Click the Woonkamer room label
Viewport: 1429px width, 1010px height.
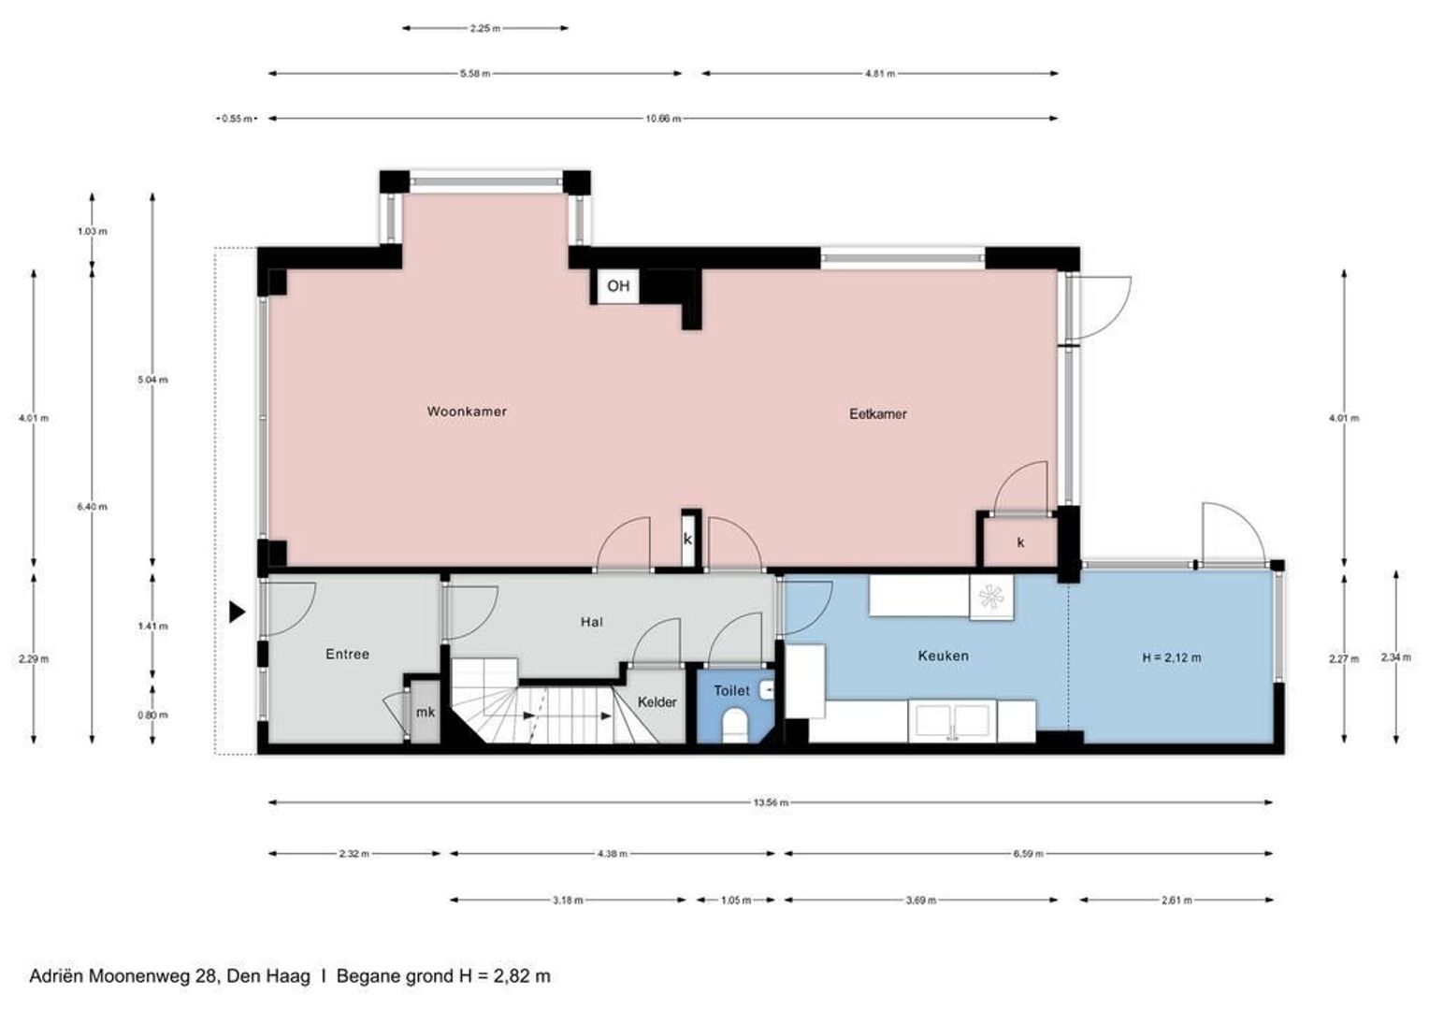pyautogui.click(x=467, y=411)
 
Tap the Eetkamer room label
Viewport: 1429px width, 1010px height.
pyautogui.click(x=877, y=413)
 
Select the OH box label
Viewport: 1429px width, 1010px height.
pyautogui.click(x=618, y=286)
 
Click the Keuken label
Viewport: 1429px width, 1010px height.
pyautogui.click(x=943, y=656)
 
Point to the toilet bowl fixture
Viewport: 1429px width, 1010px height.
pyautogui.click(x=735, y=725)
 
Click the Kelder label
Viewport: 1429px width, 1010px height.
pyautogui.click(x=657, y=701)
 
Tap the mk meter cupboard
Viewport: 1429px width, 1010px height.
pyautogui.click(x=426, y=713)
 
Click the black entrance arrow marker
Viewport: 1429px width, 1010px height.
pyautogui.click(x=238, y=612)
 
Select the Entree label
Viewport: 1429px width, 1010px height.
pyautogui.click(x=347, y=654)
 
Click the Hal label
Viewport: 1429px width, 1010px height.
pyautogui.click(x=591, y=621)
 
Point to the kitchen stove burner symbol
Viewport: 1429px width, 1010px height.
pyautogui.click(x=991, y=595)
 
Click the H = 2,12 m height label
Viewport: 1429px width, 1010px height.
pyautogui.click(x=1171, y=657)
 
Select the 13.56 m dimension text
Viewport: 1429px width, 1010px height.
pyautogui.click(x=771, y=802)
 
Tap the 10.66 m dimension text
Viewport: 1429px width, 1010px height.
pyautogui.click(x=663, y=119)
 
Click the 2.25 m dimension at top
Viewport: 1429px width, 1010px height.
pyautogui.click(x=484, y=28)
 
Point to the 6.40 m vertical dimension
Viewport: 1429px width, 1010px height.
pyautogui.click(x=92, y=507)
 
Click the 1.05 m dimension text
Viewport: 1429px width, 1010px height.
pyautogui.click(x=736, y=901)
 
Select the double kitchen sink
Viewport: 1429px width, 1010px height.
pyautogui.click(x=952, y=721)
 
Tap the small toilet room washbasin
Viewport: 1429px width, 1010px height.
pyautogui.click(x=767, y=690)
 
